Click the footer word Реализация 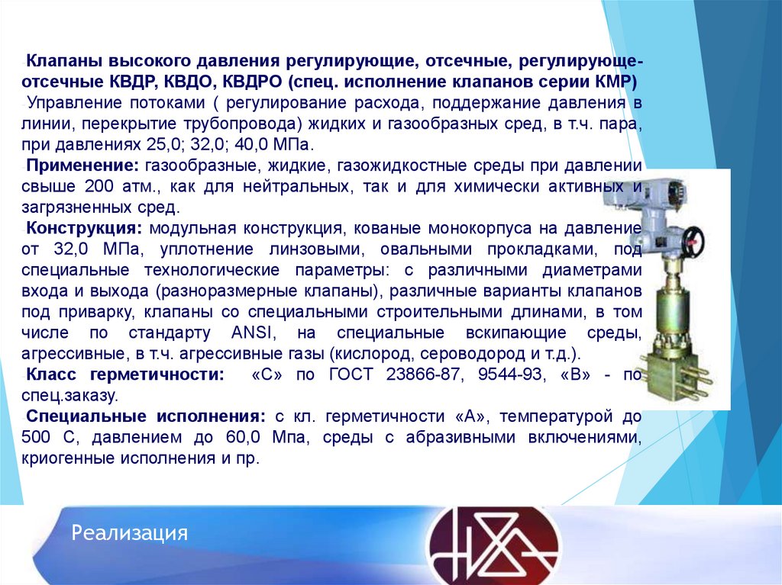point(130,532)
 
